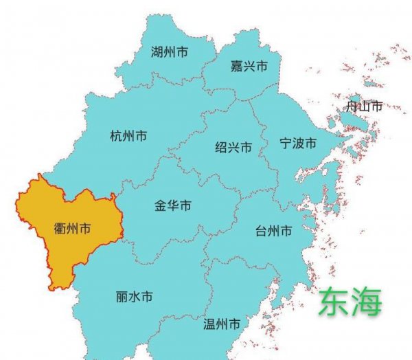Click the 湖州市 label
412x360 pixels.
[170, 52]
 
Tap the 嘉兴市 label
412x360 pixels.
[249, 67]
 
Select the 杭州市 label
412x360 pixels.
[128, 136]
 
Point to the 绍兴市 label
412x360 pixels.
[233, 148]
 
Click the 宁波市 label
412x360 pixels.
[298, 144]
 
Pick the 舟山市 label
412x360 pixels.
[364, 106]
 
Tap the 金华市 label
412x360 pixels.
[173, 205]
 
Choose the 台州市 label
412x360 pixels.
[273, 230]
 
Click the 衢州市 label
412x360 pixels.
[73, 228]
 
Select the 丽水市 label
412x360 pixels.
[135, 297]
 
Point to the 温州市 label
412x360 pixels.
[222, 324]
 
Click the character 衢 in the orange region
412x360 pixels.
[60, 228]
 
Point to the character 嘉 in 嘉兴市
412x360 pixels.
[236, 67]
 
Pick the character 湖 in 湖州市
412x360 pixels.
[157, 52]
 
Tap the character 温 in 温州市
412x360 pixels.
[209, 324]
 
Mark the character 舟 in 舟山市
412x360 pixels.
[352, 106]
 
